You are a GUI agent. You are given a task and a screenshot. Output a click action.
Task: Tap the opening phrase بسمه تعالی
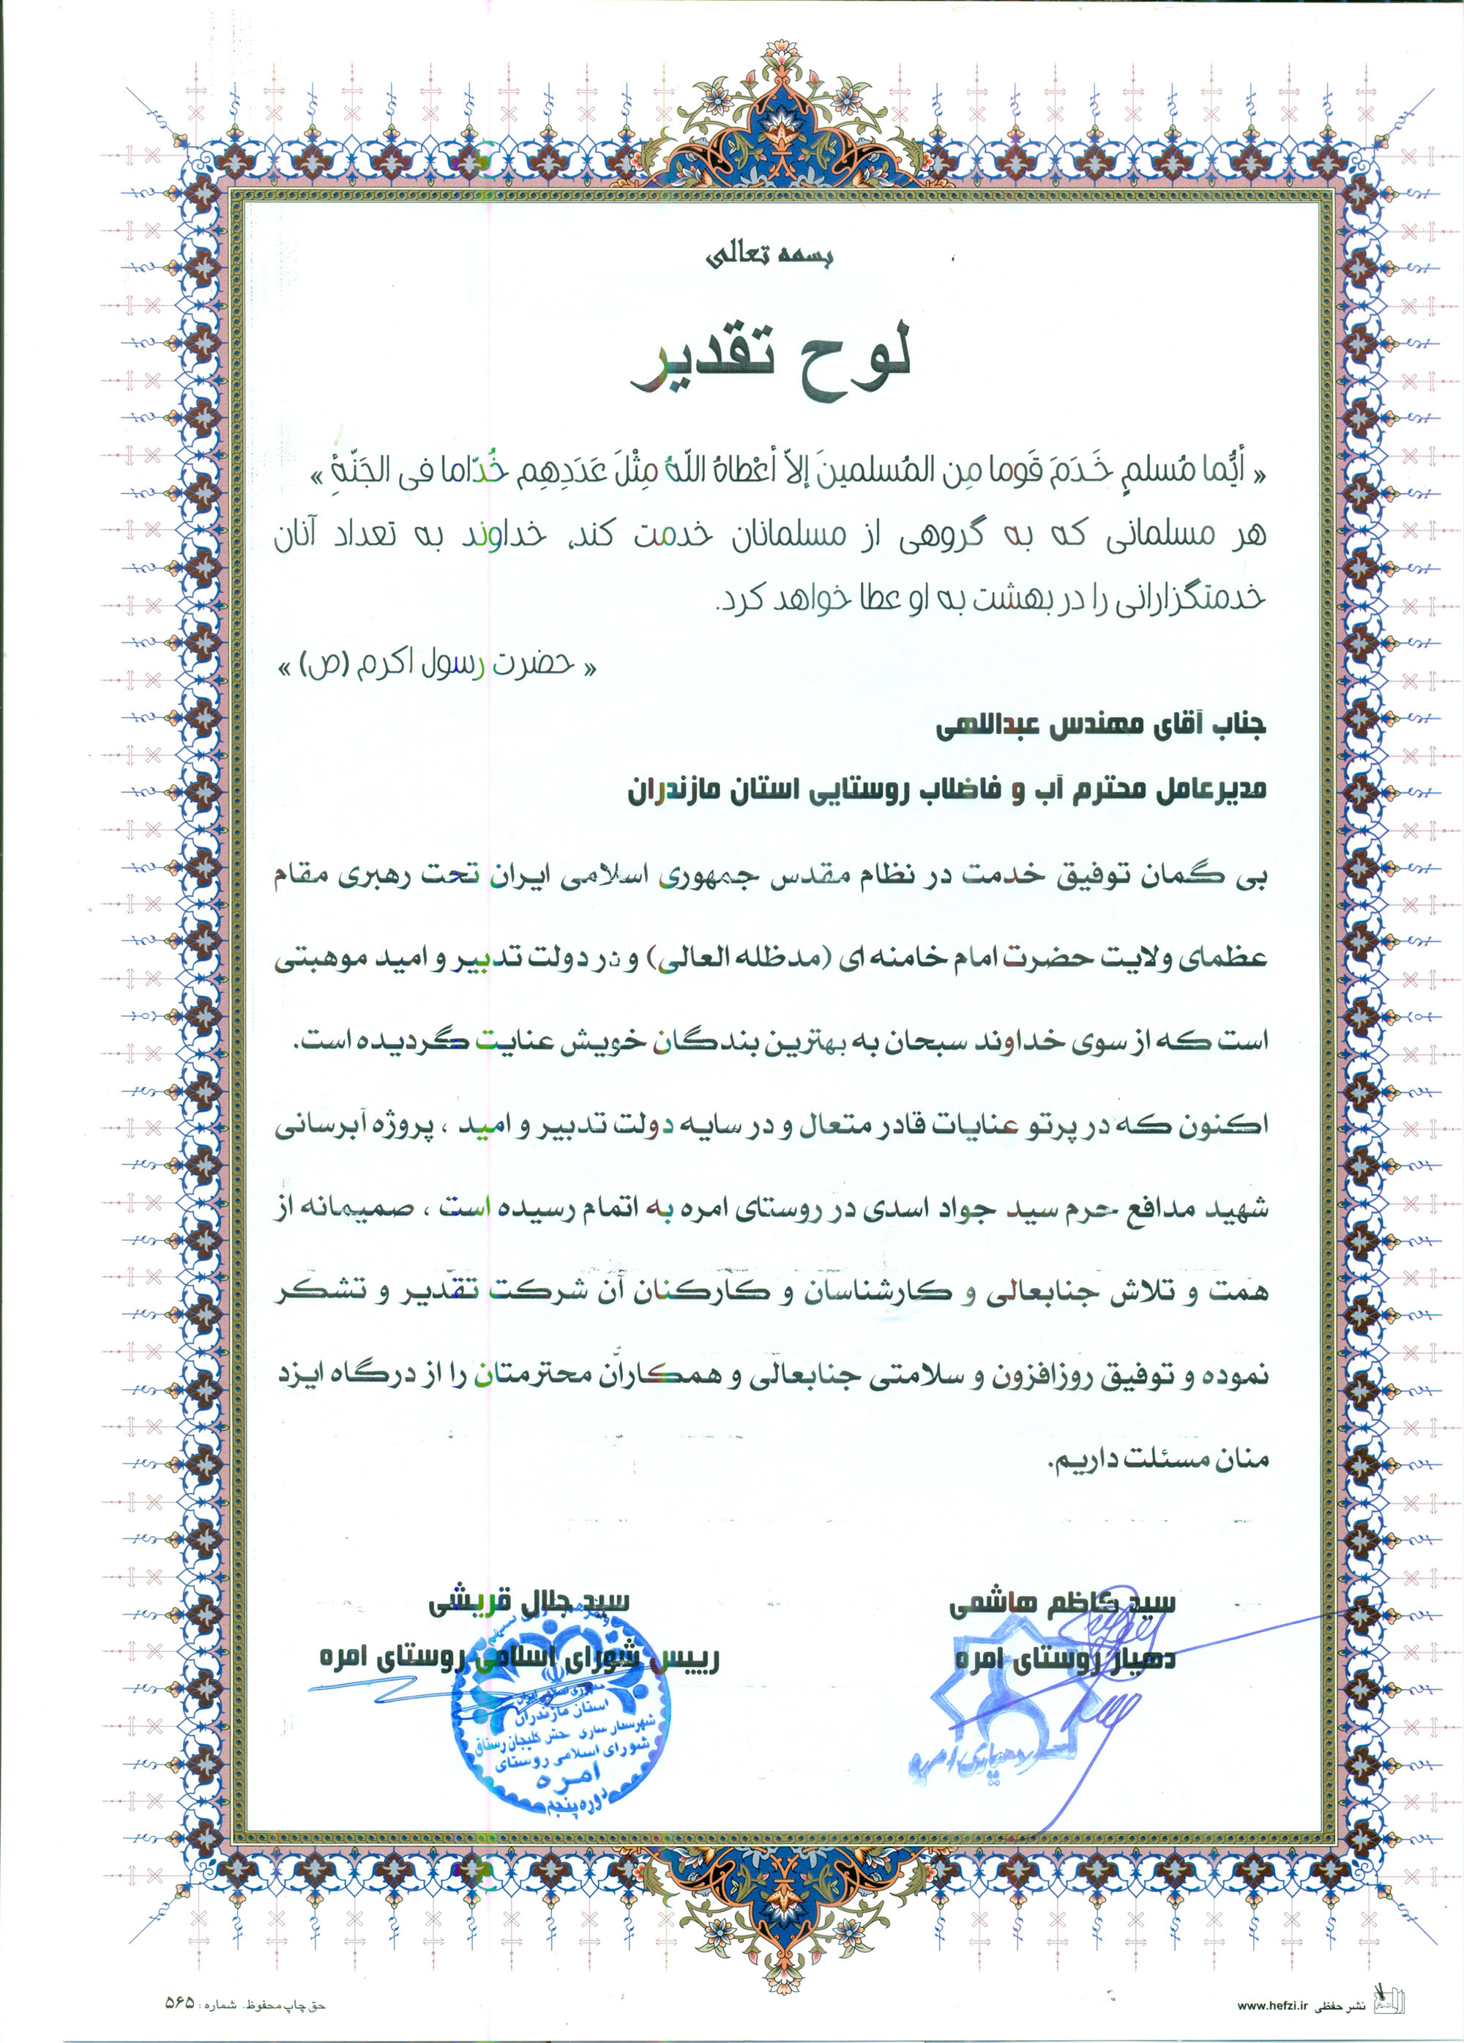click(770, 256)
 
